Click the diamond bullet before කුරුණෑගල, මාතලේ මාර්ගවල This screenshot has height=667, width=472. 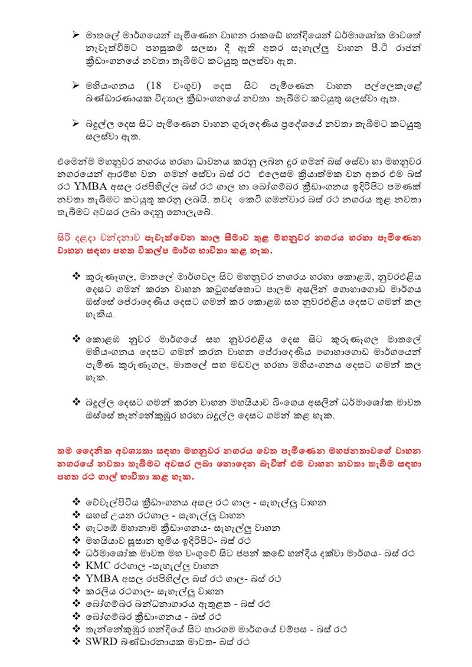click(x=76, y=275)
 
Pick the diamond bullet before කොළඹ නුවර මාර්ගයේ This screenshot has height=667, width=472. click(x=76, y=340)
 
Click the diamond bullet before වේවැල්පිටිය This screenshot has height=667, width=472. click(x=76, y=502)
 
